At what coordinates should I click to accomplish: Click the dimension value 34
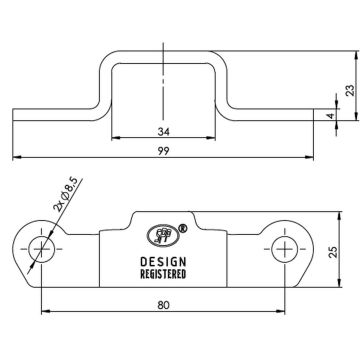click(x=162, y=131)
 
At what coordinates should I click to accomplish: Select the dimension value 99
click(x=162, y=150)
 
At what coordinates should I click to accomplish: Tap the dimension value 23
click(x=349, y=89)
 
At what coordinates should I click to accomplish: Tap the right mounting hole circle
click(x=284, y=247)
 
